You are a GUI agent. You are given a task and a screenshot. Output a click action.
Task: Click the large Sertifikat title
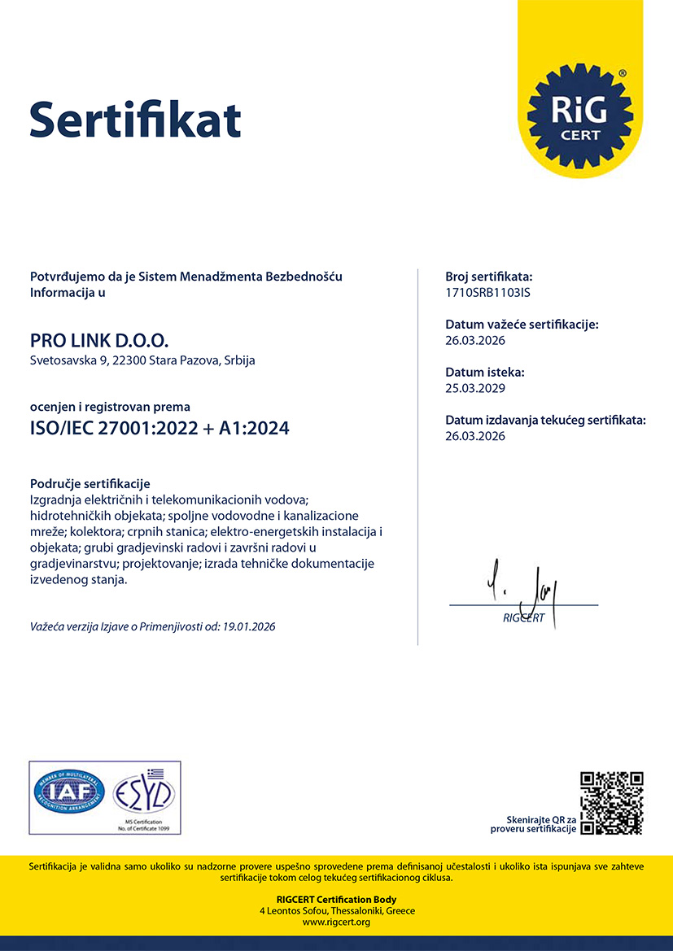coord(135,119)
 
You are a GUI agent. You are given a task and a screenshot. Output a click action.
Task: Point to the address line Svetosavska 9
coord(142,360)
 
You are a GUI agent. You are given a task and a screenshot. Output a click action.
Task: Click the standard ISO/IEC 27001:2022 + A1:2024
coord(160,428)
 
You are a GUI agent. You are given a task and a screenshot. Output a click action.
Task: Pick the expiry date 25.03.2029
coord(475,388)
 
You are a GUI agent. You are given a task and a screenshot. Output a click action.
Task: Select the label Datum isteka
coord(485,372)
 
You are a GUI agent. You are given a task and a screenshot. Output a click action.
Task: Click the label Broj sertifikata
coord(489,277)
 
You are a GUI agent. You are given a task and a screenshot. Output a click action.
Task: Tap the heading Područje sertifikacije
coord(90,484)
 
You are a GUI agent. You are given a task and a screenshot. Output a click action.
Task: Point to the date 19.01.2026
coord(248,626)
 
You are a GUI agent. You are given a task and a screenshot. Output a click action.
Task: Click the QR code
coord(611,803)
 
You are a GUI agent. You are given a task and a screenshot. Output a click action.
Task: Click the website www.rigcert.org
coord(336,922)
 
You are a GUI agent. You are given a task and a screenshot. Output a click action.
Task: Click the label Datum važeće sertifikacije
coord(522,325)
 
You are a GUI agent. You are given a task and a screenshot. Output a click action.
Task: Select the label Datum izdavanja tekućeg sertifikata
coord(545,421)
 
